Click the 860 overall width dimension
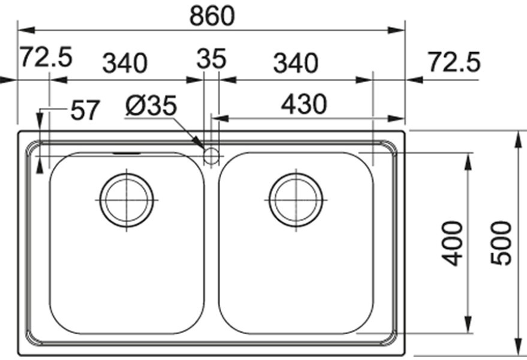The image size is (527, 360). click(x=212, y=16)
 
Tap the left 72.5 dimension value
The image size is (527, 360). click(x=46, y=57)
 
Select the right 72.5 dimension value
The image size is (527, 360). click(x=454, y=62)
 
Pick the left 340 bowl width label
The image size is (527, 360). click(x=125, y=63)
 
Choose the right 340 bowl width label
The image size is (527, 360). click(x=296, y=63)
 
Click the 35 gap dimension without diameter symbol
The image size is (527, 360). click(x=212, y=59)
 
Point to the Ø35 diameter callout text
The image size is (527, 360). click(x=151, y=106)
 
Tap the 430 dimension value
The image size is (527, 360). click(x=304, y=104)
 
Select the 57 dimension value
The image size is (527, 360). click(x=85, y=110)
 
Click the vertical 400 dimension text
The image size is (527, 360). click(x=452, y=243)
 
